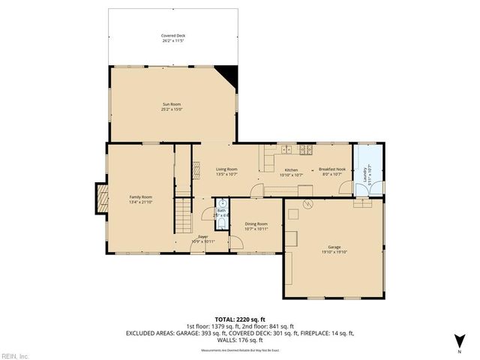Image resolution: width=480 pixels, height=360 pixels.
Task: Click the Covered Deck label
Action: (172, 35)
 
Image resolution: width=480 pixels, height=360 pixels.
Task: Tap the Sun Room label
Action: (172, 104)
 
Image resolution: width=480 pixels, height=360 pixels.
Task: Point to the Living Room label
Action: (226, 169)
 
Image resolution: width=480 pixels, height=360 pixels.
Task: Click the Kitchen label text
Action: (291, 169)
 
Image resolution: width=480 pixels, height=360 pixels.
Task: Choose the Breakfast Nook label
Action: (331, 169)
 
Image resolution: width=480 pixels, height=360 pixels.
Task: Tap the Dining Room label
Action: (256, 223)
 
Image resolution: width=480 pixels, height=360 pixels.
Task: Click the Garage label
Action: (334, 247)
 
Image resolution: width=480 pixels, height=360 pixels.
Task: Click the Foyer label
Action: (202, 236)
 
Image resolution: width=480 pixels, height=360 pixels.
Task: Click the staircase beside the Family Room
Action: (184, 215)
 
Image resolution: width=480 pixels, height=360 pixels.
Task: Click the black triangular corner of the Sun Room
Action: (229, 73)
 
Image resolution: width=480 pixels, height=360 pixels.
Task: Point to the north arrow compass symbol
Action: (458, 339)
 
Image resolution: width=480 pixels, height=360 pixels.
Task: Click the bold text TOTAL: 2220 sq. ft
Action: (240, 319)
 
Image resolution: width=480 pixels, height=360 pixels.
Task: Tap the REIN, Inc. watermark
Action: (15, 355)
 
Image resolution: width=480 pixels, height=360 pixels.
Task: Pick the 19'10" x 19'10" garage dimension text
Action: (334, 252)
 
